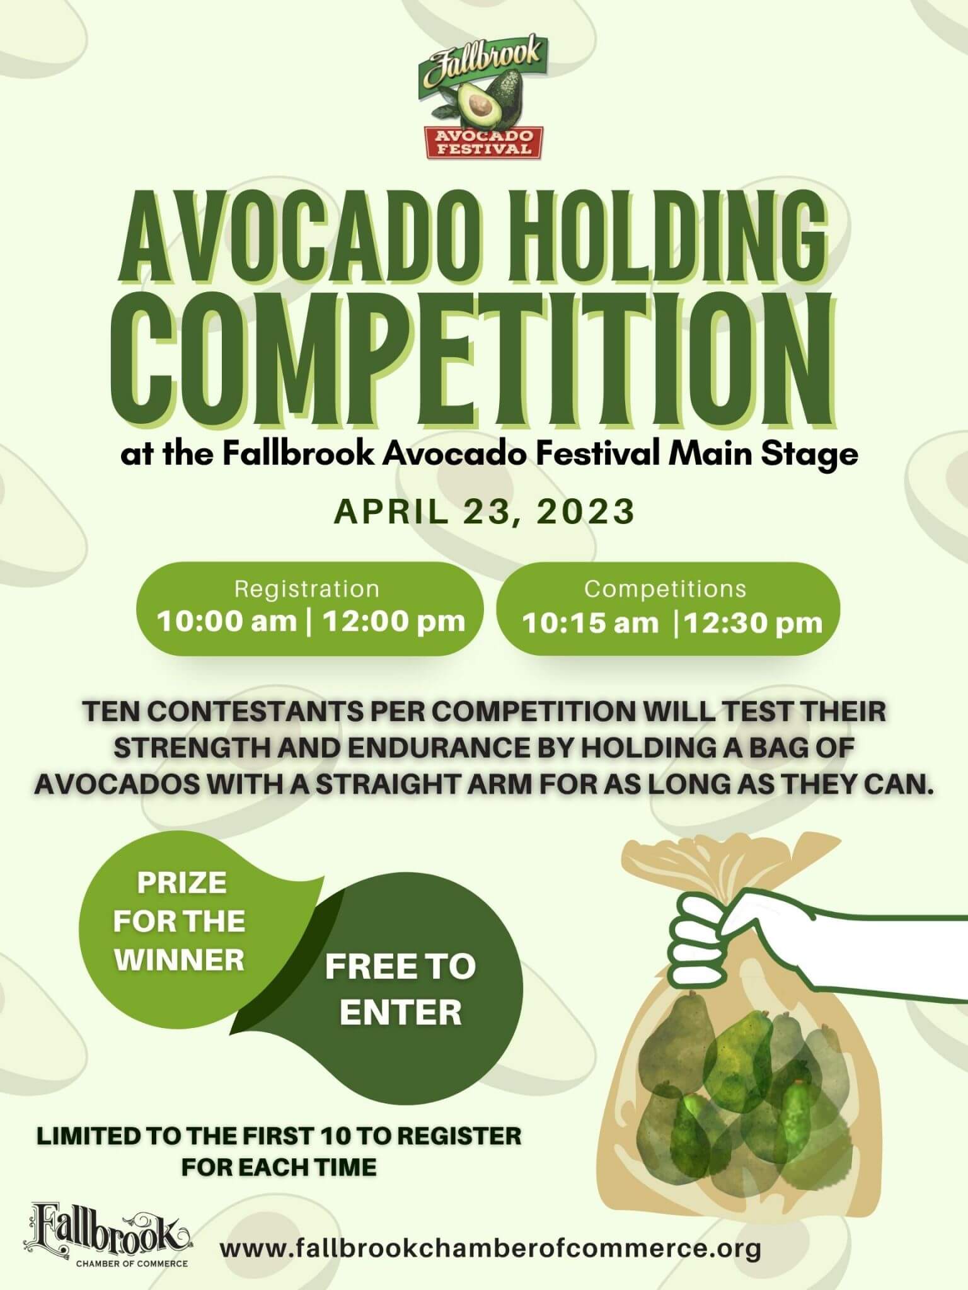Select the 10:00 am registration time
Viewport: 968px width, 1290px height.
227,622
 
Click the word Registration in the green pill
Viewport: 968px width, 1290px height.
307,589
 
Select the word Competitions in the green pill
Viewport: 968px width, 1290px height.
665,589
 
